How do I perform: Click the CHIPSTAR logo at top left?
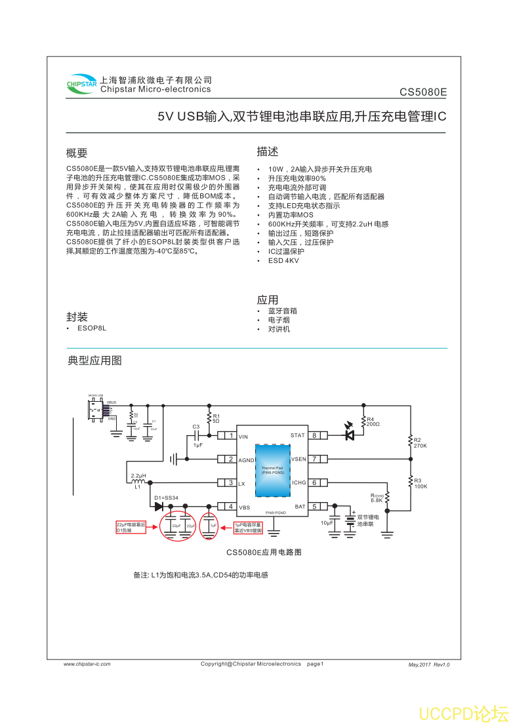pos(81,84)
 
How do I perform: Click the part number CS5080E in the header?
pos(423,92)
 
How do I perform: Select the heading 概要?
pos(77,153)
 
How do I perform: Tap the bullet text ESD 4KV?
pos(283,260)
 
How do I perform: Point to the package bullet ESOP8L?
pos(91,327)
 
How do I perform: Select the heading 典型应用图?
pos(94,361)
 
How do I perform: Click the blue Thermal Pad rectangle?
pos(272,469)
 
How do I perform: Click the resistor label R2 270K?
pos(420,442)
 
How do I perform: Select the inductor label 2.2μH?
pos(138,476)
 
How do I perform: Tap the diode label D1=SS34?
pos(166,498)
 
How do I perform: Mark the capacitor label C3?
pos(195,427)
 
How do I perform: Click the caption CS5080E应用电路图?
pos(264,553)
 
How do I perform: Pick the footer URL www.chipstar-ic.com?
pos(87,664)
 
